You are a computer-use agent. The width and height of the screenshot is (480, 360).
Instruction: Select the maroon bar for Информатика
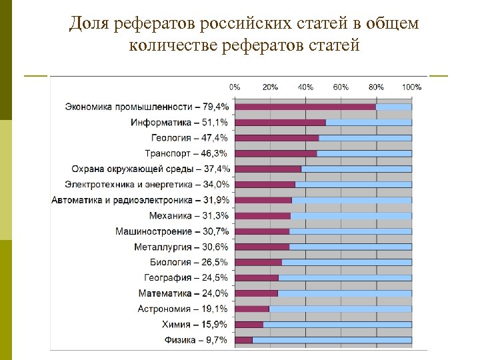[281, 123]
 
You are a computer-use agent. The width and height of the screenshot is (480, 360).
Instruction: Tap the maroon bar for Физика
[244, 340]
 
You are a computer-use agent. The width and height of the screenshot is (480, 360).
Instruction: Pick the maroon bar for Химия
[249, 325]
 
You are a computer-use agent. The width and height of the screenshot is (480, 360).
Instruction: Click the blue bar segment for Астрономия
[340, 309]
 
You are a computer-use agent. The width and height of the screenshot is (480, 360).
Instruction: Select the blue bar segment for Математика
[345, 293]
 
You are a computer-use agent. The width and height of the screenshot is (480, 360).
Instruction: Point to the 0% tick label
[235, 87]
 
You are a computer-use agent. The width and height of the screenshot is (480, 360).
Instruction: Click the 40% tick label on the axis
[305, 87]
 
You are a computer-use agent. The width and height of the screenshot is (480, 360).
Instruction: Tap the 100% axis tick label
[411, 87]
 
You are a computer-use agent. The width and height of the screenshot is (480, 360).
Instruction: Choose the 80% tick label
[376, 87]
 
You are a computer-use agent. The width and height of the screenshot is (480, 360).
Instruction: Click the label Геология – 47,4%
[190, 138]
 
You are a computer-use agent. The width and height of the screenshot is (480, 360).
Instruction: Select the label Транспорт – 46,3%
[187, 153]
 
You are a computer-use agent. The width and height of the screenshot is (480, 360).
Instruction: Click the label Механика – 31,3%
[189, 215]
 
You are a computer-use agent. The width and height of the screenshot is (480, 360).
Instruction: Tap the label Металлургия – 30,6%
[181, 247]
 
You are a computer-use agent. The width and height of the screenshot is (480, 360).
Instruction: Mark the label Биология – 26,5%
[189, 262]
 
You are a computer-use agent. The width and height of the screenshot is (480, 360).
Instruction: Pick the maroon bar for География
[257, 277]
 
